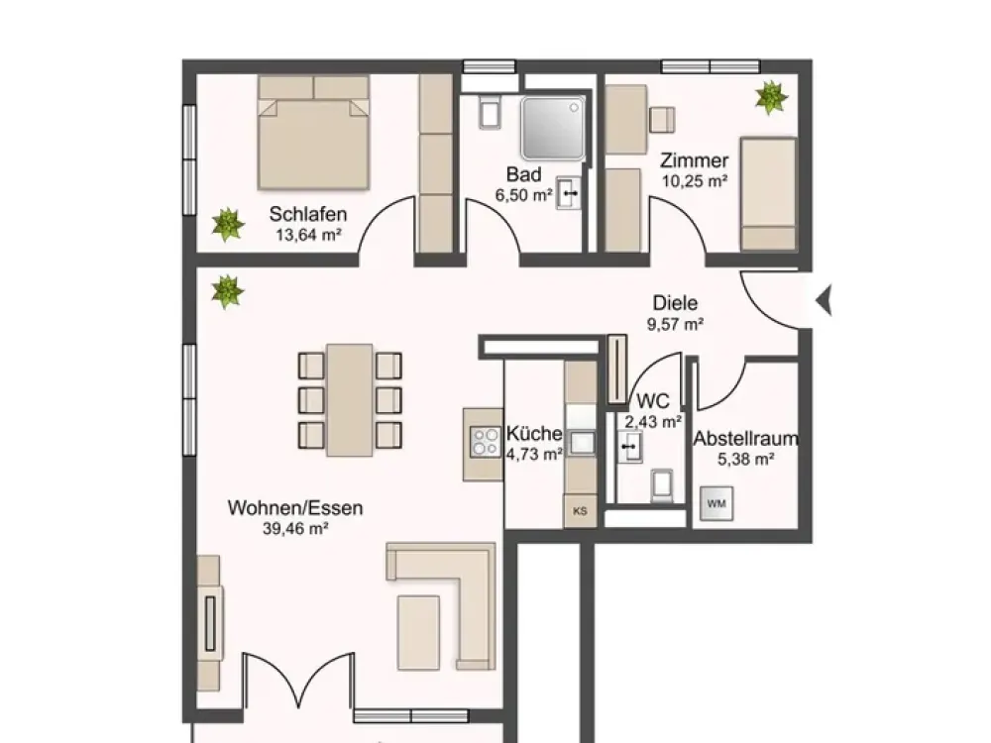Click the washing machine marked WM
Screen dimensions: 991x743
click(x=716, y=503)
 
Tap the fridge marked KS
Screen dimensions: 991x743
click(x=580, y=510)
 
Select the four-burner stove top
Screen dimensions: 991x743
click(x=485, y=442)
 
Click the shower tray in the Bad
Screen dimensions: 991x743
click(x=553, y=128)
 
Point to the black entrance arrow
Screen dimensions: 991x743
click(x=824, y=300)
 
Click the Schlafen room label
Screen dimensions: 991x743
click(x=308, y=214)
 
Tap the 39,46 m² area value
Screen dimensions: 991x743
click(x=295, y=528)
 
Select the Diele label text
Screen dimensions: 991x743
click(x=675, y=302)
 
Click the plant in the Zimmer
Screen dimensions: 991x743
click(x=772, y=97)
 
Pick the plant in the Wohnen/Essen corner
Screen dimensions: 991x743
click(x=227, y=292)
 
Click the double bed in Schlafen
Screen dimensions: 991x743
click(x=313, y=133)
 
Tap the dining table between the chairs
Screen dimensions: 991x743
click(x=350, y=399)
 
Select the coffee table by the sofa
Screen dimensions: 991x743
click(x=418, y=632)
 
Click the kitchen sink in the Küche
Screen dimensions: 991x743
click(x=582, y=442)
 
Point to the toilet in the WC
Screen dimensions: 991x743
click(x=662, y=484)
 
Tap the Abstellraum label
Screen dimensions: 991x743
click(x=746, y=439)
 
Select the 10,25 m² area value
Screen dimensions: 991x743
click(x=695, y=181)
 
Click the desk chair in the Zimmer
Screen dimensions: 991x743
click(x=662, y=120)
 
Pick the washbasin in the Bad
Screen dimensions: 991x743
click(x=568, y=193)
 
